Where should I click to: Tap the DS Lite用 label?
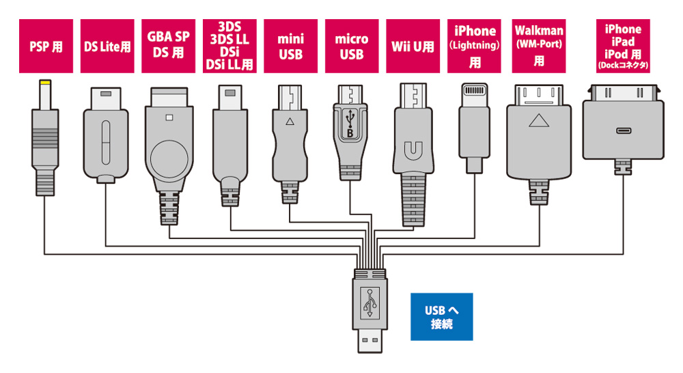pos(107,46)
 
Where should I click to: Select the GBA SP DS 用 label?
pos(168,46)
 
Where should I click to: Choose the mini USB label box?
pos(290,46)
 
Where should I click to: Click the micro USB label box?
pos(351,46)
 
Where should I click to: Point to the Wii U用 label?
pos(412,46)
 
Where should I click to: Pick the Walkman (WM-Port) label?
pos(539,46)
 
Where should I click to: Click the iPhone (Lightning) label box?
pos(475,46)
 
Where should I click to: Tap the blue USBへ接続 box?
pos(441,317)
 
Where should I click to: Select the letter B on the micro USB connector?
pos(350,134)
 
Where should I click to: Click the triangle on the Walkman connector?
pos(539,123)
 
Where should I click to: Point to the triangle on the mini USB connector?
pos(290,122)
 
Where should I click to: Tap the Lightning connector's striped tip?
pos(475,90)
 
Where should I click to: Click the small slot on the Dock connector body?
pos(622,130)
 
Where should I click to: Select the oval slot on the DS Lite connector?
pos(107,139)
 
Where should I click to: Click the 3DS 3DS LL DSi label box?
pos(229,46)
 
